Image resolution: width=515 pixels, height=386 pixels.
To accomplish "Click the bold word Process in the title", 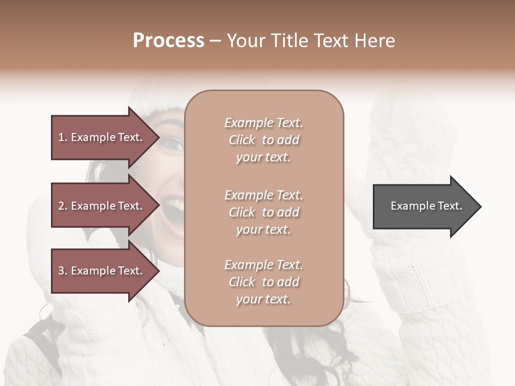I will click(x=168, y=41).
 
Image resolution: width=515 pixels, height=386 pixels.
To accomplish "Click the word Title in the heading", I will click(x=289, y=41).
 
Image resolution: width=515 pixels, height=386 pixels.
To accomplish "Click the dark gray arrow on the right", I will click(x=424, y=206).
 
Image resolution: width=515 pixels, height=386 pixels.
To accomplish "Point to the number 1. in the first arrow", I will click(x=63, y=137).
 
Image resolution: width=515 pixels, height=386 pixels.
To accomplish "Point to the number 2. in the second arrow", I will click(x=63, y=206).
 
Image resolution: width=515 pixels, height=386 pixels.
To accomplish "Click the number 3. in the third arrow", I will click(x=63, y=271).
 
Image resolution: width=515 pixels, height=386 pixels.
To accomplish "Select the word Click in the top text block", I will click(x=242, y=140).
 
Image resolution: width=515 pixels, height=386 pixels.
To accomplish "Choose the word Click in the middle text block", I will click(x=242, y=212).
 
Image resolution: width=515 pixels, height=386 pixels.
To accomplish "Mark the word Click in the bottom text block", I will click(x=242, y=283).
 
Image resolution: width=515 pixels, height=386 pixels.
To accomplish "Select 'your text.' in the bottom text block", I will click(x=263, y=300).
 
